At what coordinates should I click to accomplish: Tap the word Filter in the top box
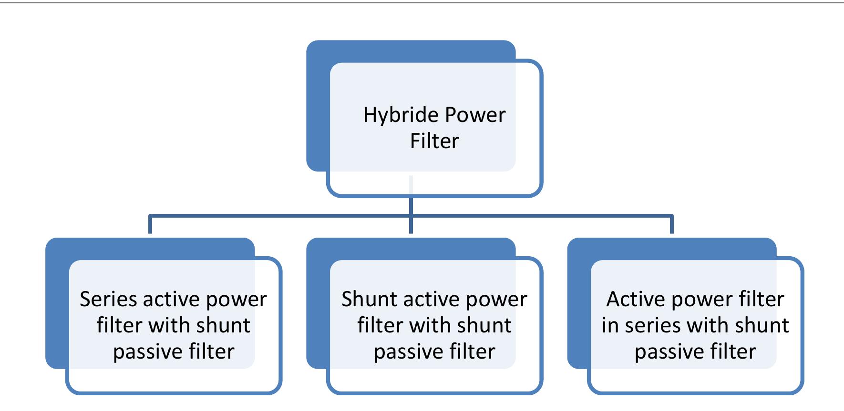click(x=434, y=141)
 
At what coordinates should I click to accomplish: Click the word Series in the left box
click(x=108, y=300)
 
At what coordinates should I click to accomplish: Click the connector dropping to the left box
click(x=150, y=225)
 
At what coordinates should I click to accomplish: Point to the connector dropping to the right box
click(x=672, y=225)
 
